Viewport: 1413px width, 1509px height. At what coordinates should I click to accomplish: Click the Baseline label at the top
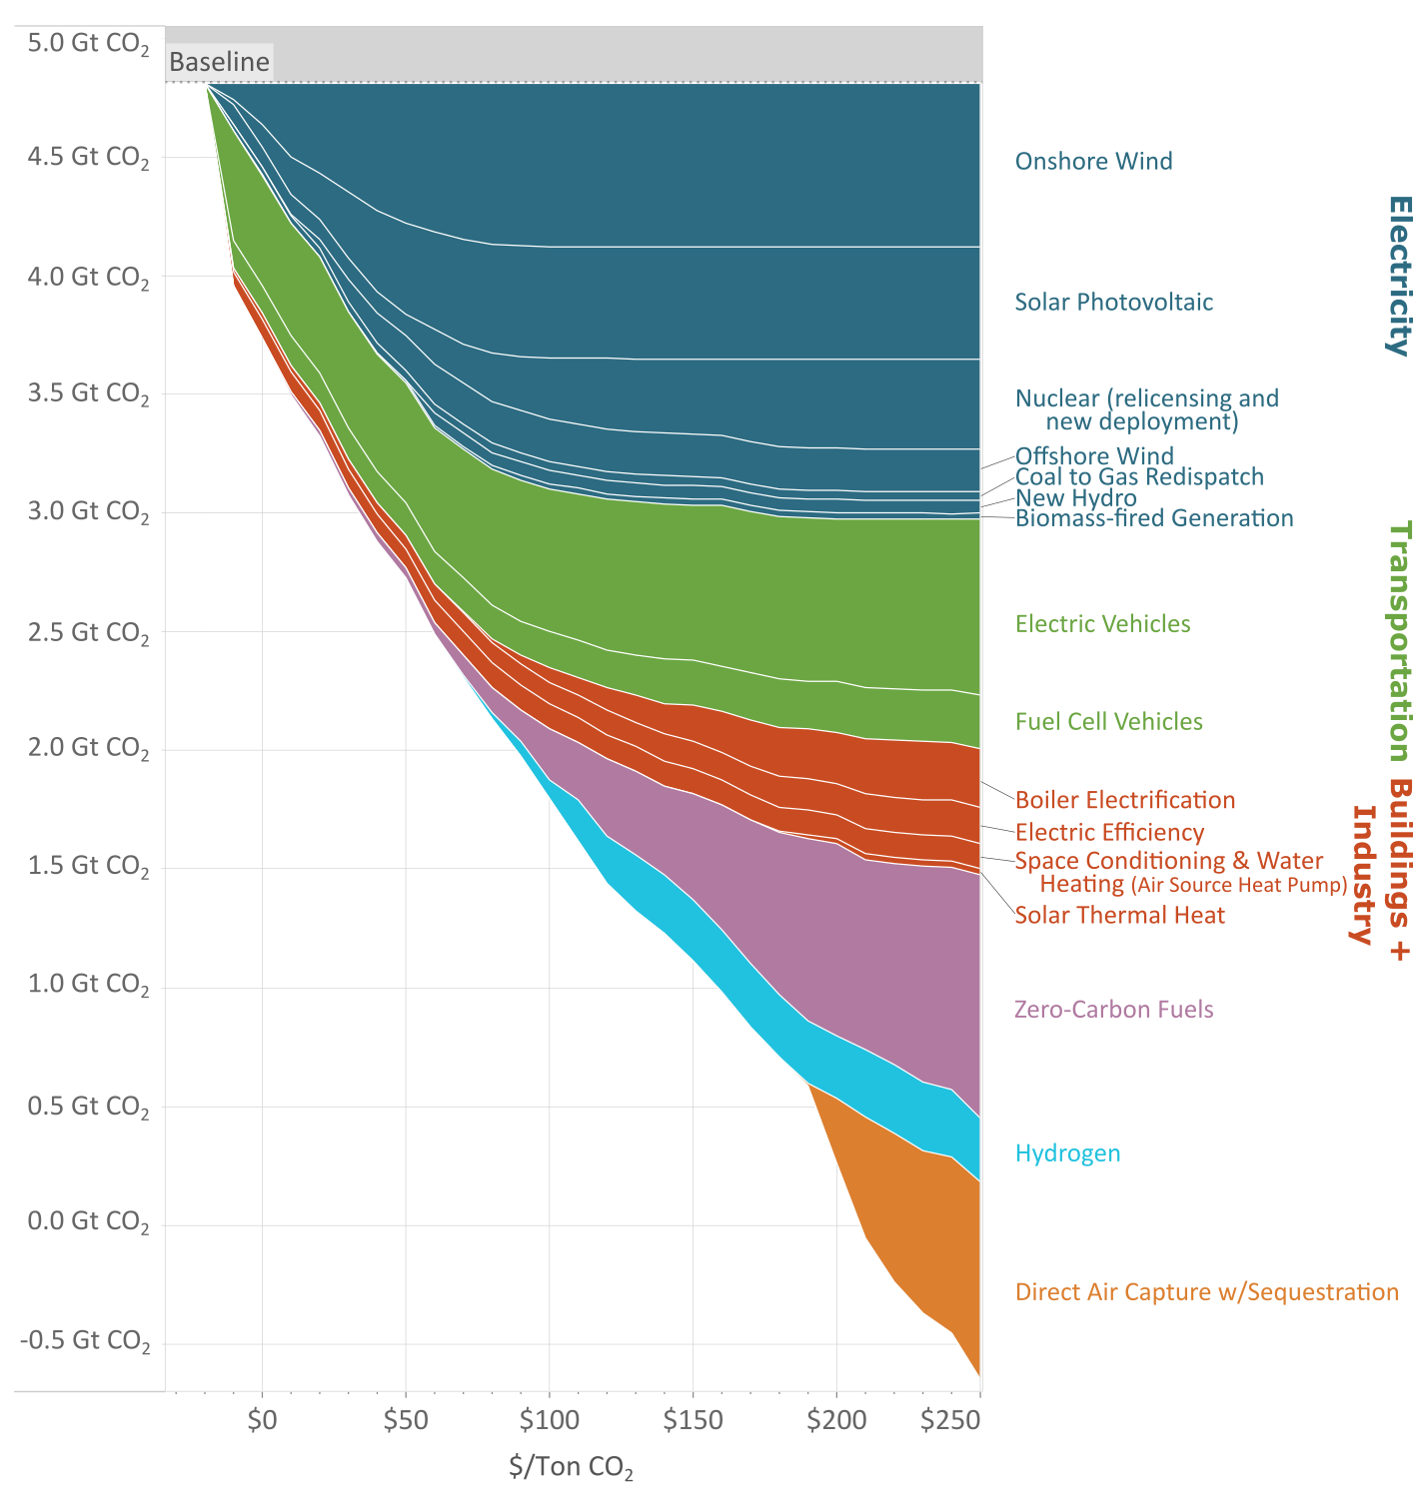click(219, 62)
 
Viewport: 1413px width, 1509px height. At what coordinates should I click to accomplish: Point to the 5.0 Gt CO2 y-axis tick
click(88, 44)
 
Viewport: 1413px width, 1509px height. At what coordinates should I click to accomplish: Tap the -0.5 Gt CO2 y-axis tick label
click(85, 1340)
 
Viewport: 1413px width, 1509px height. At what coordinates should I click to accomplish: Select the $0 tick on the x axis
click(262, 1419)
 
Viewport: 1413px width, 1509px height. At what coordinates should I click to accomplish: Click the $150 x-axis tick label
click(693, 1419)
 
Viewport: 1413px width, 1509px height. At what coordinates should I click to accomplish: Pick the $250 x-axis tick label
click(950, 1419)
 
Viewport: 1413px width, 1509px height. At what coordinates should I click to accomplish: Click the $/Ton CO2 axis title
click(571, 1466)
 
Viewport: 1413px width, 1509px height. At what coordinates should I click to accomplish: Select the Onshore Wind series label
click(1093, 161)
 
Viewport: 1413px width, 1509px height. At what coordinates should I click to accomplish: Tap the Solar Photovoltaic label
click(1113, 302)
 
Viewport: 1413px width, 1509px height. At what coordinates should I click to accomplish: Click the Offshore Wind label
click(1094, 455)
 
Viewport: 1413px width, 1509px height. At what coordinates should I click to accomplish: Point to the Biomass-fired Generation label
click(1154, 518)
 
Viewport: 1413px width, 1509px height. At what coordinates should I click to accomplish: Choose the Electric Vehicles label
click(1102, 624)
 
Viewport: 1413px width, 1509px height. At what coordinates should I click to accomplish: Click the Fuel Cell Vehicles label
click(1108, 721)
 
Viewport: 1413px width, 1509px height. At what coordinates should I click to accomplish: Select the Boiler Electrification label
click(1125, 800)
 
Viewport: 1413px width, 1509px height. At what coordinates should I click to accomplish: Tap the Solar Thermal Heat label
click(1119, 915)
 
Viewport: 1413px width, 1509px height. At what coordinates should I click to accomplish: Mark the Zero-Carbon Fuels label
click(1113, 1009)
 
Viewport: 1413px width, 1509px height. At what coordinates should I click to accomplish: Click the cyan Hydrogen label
click(1067, 1153)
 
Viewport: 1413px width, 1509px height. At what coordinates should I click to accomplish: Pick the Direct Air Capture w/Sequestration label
click(1206, 1291)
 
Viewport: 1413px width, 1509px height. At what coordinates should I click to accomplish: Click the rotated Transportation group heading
click(1399, 640)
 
